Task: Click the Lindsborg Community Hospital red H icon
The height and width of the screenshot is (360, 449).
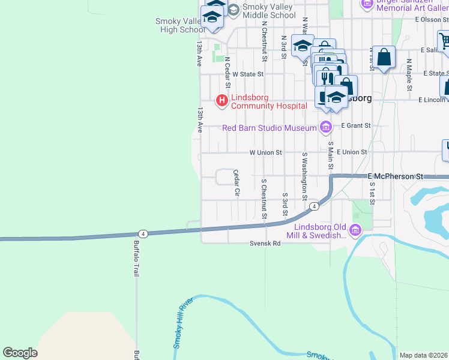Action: (x=222, y=100)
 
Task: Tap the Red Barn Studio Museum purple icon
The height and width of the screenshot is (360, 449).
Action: (x=325, y=127)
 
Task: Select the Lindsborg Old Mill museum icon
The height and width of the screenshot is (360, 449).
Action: (x=355, y=230)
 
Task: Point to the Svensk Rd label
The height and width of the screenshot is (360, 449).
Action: (x=265, y=244)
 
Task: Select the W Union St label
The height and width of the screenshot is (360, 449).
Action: (x=265, y=153)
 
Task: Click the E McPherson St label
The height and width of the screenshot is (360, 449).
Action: (x=396, y=176)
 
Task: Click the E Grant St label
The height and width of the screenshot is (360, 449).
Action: (x=356, y=126)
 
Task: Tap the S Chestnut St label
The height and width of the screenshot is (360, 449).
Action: (x=263, y=199)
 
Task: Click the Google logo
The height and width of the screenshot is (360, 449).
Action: (x=20, y=353)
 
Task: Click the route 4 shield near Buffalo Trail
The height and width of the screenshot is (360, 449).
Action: (x=142, y=233)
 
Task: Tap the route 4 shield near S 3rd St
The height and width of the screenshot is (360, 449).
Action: (x=313, y=207)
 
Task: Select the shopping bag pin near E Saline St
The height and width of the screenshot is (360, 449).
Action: (x=384, y=58)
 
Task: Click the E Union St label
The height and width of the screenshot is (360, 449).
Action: (x=352, y=152)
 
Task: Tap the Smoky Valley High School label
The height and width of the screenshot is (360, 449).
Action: (x=180, y=25)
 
